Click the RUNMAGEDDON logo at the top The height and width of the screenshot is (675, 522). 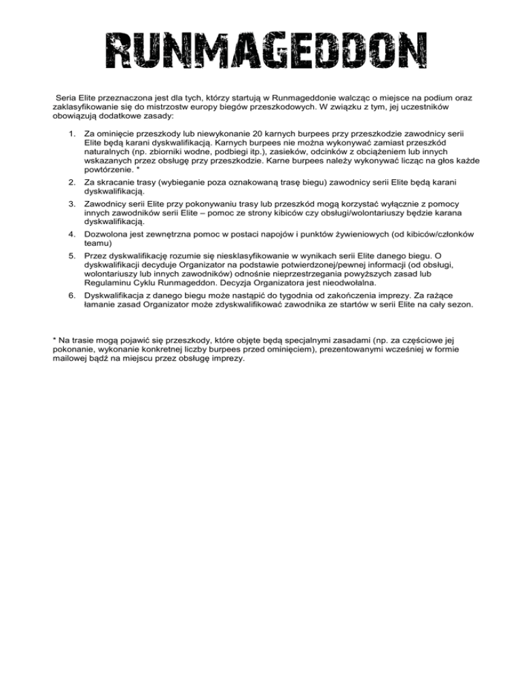[x=260, y=52]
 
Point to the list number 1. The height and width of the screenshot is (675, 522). [x=72, y=135]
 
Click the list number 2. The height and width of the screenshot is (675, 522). [x=72, y=183]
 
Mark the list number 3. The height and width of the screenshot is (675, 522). [x=72, y=204]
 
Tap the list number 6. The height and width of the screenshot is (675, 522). [x=72, y=296]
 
